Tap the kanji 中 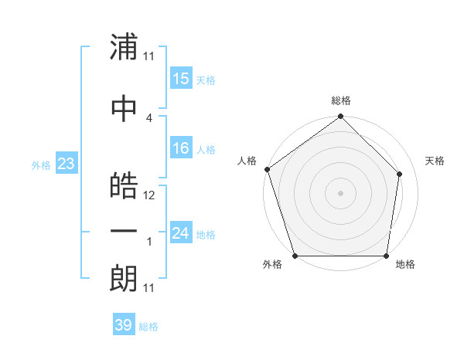pyautogui.click(x=124, y=108)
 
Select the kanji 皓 pyautogui.click(x=124, y=185)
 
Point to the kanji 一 pyautogui.click(x=124, y=232)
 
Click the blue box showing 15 pyautogui.click(x=181, y=79)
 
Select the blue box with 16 pyautogui.click(x=181, y=148)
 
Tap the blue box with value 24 pyautogui.click(x=181, y=233)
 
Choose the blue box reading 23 pyautogui.click(x=66, y=164)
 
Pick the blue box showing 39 pyautogui.click(x=123, y=325)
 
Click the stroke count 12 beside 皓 pyautogui.click(x=149, y=195)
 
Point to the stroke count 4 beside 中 pyautogui.click(x=149, y=117)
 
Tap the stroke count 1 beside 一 pyautogui.click(x=149, y=242)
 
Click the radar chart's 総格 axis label pyautogui.click(x=341, y=100)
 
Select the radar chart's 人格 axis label pyautogui.click(x=247, y=161)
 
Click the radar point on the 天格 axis pyautogui.click(x=400, y=174)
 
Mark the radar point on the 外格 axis pyautogui.click(x=294, y=256)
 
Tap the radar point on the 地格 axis pyautogui.click(x=387, y=256)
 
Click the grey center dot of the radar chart pyautogui.click(x=340, y=192)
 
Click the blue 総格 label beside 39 pyautogui.click(x=148, y=326)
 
